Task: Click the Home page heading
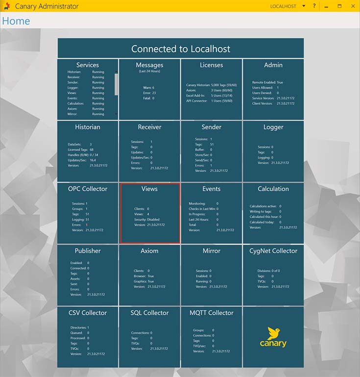click(16, 21)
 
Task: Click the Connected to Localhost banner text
click(181, 49)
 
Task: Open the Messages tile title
click(149, 65)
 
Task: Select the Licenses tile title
click(211, 65)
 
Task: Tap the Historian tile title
click(87, 127)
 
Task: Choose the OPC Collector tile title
click(87, 189)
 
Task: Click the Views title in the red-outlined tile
click(149, 189)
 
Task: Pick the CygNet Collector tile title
click(273, 251)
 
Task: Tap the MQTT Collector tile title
click(211, 313)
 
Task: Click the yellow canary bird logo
click(273, 333)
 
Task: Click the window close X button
click(353, 6)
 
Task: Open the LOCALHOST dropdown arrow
click(304, 6)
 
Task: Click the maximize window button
click(339, 6)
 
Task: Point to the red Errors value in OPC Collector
click(87, 225)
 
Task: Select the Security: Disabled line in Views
click(147, 220)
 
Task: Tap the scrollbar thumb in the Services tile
click(116, 84)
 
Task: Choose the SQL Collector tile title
click(149, 313)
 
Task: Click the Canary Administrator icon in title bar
click(7, 6)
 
